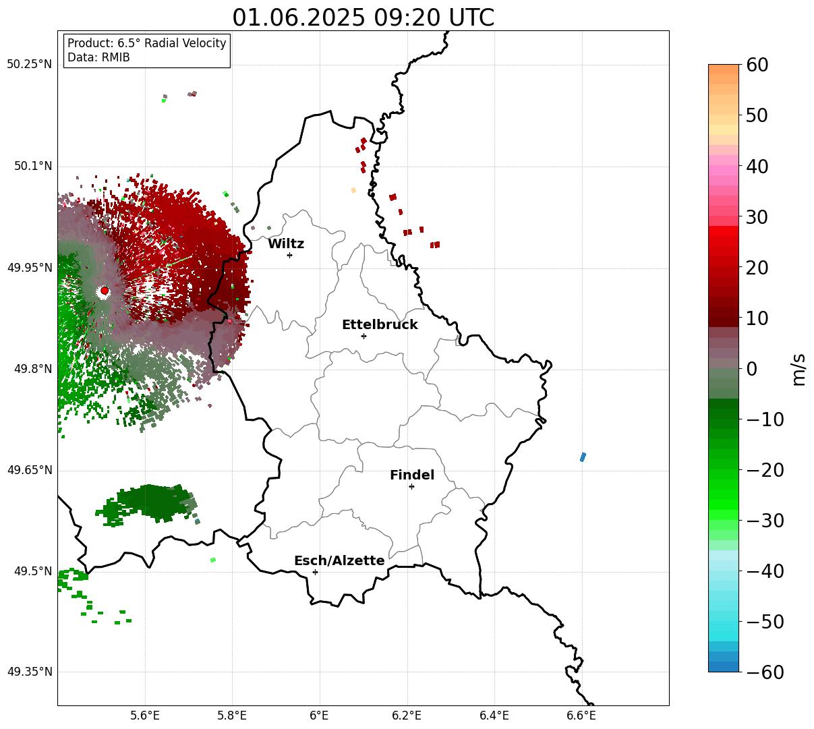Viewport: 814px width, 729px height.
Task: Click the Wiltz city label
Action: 286,243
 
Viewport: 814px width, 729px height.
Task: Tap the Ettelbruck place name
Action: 380,324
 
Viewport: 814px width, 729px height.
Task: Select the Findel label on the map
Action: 412,475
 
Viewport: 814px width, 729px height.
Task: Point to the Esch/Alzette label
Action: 339,560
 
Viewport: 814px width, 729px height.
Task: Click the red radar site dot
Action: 105,291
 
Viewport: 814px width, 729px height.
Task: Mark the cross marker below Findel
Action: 411,487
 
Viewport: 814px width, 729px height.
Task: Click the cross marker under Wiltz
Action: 289,255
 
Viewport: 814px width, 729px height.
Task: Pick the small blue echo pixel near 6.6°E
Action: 583,457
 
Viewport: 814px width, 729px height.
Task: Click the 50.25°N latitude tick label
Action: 30,64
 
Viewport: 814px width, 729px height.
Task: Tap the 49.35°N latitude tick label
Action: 30,672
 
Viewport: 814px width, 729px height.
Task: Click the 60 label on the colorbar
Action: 757,65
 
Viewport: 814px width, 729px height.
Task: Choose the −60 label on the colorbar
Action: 765,672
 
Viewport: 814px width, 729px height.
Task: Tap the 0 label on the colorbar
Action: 752,369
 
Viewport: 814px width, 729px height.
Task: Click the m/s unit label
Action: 798,370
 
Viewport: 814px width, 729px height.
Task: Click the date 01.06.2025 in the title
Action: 299,18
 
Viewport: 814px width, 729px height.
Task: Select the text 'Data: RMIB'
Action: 98,57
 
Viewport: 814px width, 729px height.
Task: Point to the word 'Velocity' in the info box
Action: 205,43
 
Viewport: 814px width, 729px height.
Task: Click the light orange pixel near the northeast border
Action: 353,190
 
